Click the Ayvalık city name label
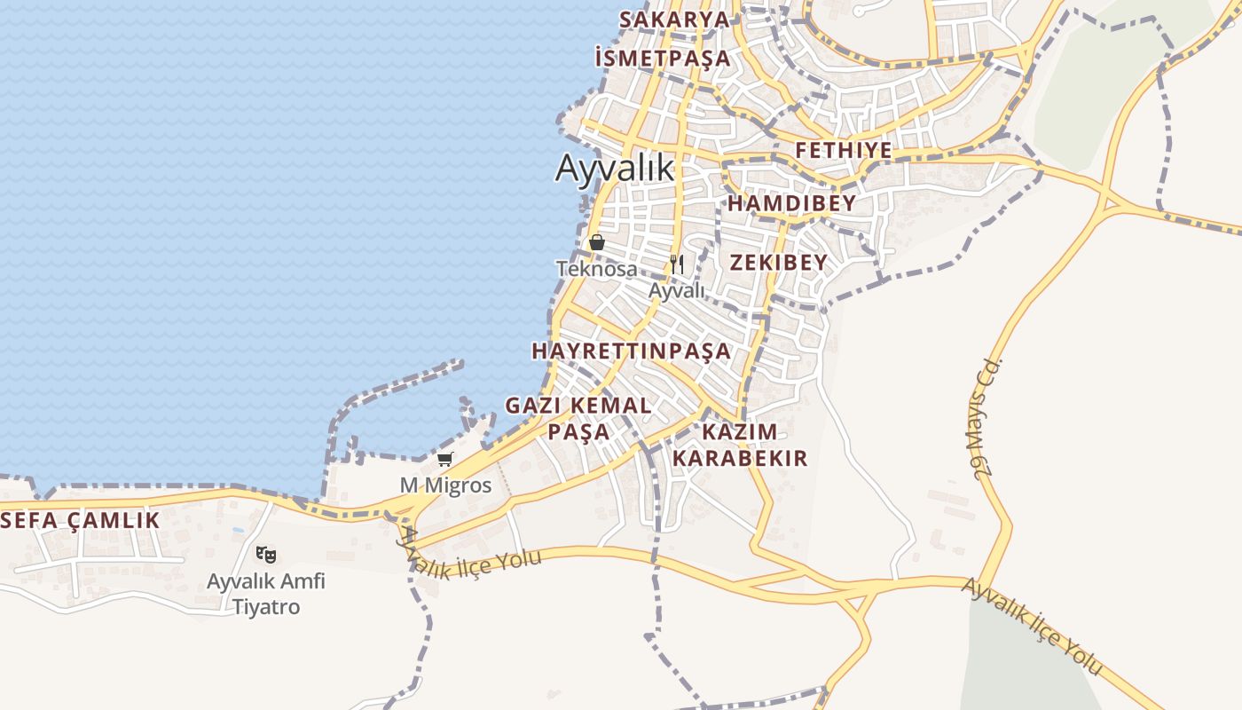point(615,168)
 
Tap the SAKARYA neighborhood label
point(674,20)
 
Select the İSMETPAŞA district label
point(663,59)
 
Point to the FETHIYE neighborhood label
point(844,150)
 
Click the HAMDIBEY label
point(792,203)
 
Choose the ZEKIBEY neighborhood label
point(779,262)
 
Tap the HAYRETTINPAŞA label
point(632,351)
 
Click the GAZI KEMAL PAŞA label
point(578,418)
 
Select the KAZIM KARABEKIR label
point(740,445)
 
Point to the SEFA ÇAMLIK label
point(81,520)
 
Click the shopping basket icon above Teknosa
point(597,242)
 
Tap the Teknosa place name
point(596,268)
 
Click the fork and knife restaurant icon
point(677,264)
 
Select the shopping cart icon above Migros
point(445,459)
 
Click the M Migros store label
point(445,485)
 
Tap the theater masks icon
point(266,555)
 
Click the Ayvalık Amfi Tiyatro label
point(266,595)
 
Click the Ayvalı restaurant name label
point(677,290)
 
